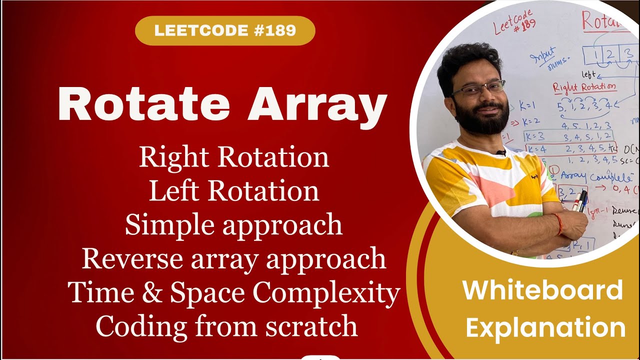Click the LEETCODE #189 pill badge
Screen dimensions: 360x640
pyautogui.click(x=225, y=30)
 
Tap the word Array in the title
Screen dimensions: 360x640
pyautogui.click(x=317, y=104)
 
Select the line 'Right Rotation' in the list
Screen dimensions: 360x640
pyautogui.click(x=234, y=157)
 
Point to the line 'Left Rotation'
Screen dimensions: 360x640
pyautogui.click(x=234, y=191)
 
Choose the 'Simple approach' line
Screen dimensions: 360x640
pyautogui.click(x=234, y=225)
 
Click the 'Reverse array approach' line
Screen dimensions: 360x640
pyautogui.click(x=234, y=258)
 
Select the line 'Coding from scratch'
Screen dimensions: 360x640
pyautogui.click(x=226, y=326)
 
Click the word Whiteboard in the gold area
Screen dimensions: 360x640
pyautogui.click(x=542, y=290)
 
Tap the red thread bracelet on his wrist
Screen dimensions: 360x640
pyautogui.click(x=558, y=224)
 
